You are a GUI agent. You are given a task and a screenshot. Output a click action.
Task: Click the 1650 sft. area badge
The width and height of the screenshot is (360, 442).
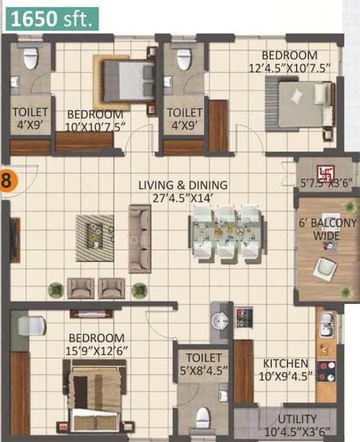pyautogui.click(x=52, y=19)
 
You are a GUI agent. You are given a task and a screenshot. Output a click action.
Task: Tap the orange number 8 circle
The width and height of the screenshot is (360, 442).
pyautogui.click(x=8, y=180)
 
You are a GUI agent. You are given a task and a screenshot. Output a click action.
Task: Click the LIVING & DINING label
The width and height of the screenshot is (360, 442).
pyautogui.click(x=183, y=185)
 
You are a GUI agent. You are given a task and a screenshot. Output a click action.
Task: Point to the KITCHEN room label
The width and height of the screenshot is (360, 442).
pyautogui.click(x=286, y=364)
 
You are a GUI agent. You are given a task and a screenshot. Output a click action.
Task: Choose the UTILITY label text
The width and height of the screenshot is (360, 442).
pyautogui.click(x=297, y=419)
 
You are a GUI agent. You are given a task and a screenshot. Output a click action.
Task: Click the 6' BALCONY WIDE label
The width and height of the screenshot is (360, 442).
pyautogui.click(x=328, y=229)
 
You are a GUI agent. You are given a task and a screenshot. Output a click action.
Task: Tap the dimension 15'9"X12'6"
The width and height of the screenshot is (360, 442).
pyautogui.click(x=96, y=351)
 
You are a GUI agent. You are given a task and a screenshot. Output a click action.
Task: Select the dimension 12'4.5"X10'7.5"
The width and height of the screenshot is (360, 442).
pyautogui.click(x=289, y=68)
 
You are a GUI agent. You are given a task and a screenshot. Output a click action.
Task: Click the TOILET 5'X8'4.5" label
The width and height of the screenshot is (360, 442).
pyautogui.click(x=203, y=364)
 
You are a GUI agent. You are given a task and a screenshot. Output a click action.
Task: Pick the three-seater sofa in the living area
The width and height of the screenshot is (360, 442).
pyautogui.click(x=140, y=239)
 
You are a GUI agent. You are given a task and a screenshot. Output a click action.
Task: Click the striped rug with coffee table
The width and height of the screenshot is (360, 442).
pyautogui.click(x=95, y=238)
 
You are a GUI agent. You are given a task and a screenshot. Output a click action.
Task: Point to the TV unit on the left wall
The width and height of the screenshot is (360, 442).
pyautogui.click(x=15, y=240)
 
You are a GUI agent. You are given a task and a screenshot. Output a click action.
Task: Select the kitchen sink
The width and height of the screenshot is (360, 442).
pyautogui.click(x=327, y=325)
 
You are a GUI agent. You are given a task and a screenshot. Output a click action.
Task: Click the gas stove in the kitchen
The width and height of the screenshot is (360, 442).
pyautogui.click(x=327, y=371)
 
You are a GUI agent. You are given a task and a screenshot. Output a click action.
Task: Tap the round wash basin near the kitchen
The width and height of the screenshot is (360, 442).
pyautogui.click(x=220, y=321)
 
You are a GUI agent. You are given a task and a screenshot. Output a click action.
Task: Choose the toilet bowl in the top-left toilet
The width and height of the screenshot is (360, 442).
pyautogui.click(x=30, y=58)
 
